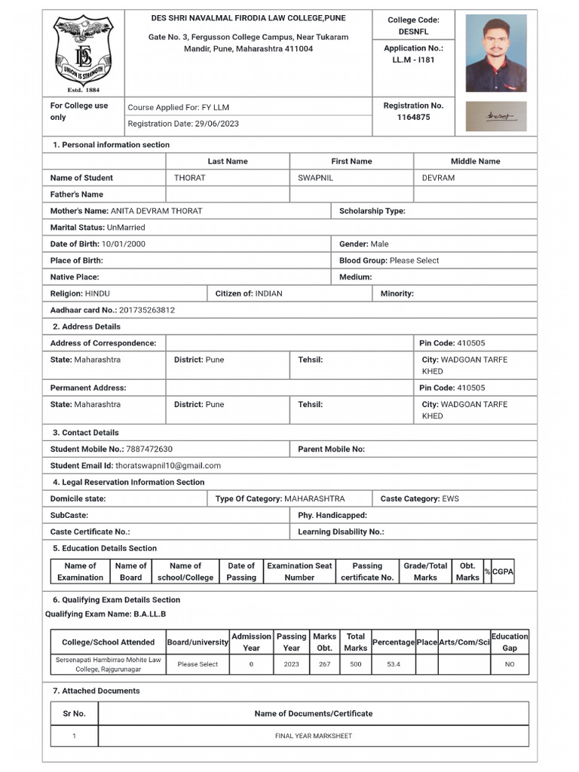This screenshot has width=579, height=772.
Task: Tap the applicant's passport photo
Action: click(495, 55)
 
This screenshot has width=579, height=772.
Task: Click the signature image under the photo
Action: click(495, 117)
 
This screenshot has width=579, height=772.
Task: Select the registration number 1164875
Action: click(413, 118)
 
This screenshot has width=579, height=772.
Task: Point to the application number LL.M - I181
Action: click(413, 60)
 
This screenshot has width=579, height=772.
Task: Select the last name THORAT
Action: click(190, 178)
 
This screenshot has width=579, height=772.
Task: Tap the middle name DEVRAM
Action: click(438, 178)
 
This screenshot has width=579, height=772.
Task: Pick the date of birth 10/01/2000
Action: click(124, 244)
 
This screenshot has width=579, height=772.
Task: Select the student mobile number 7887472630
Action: click(149, 449)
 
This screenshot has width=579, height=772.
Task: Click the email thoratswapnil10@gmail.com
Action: click(168, 466)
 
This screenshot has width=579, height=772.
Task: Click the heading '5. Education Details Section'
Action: click(105, 548)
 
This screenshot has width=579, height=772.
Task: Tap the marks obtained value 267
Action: click(324, 664)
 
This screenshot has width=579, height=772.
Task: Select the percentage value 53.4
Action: click(393, 664)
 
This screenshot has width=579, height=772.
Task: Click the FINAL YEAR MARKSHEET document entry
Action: click(313, 736)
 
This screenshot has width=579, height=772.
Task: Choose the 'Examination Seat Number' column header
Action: click(299, 571)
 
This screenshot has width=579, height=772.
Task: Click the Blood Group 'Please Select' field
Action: click(414, 261)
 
